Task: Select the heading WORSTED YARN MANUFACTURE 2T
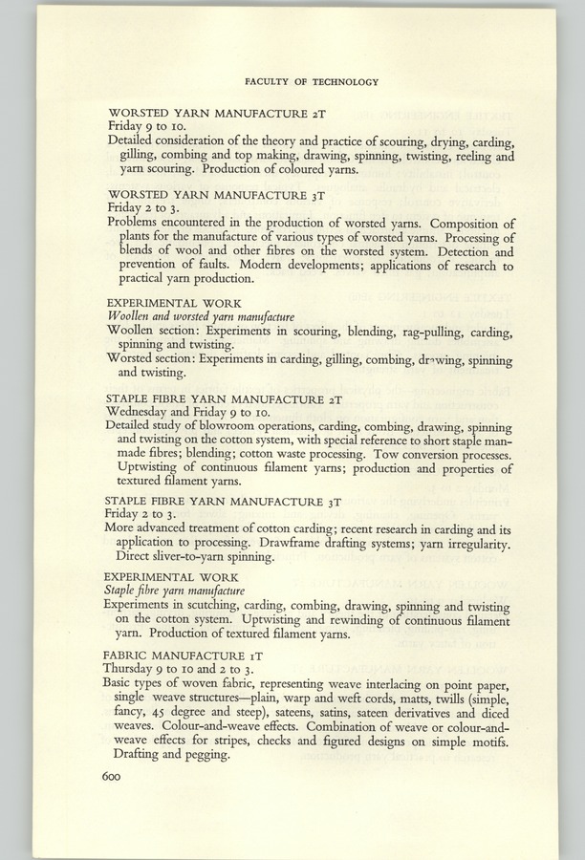(x=218, y=113)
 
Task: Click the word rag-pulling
(x=407, y=332)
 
